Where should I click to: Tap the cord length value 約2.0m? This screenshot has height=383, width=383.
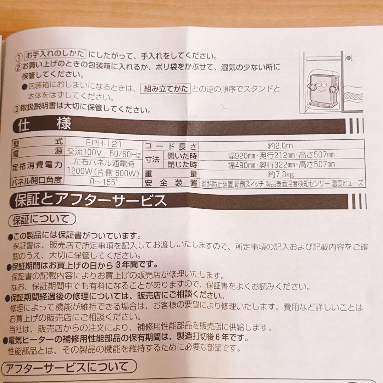(280, 145)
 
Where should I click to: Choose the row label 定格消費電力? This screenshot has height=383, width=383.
(37, 165)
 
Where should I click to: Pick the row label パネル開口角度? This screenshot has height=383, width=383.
(37, 181)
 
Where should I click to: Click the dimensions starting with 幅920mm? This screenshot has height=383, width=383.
(281, 155)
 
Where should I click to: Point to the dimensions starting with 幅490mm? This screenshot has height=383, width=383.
(281, 164)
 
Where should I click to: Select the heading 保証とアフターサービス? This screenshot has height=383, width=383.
(90, 201)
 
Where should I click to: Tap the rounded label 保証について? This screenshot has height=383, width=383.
(41, 220)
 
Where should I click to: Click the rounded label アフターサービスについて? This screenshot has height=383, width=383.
(69, 367)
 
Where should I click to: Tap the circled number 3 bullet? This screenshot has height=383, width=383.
(16, 109)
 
